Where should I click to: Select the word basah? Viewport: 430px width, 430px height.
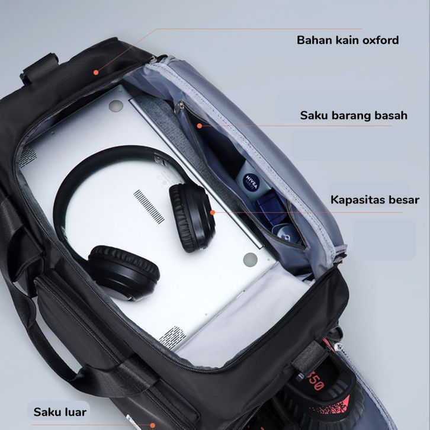click(x=389, y=115)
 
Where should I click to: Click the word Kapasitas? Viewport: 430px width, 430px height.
click(x=357, y=200)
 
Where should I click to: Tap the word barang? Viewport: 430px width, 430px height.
click(x=349, y=115)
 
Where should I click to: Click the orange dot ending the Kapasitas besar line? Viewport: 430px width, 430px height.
click(x=211, y=211)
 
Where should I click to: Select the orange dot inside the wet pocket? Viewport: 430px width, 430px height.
click(x=199, y=125)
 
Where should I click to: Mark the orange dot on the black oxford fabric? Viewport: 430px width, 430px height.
click(x=95, y=72)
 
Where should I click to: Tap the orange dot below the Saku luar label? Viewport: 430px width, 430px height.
click(x=152, y=424)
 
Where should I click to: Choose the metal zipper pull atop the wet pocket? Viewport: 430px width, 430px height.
click(x=179, y=108)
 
